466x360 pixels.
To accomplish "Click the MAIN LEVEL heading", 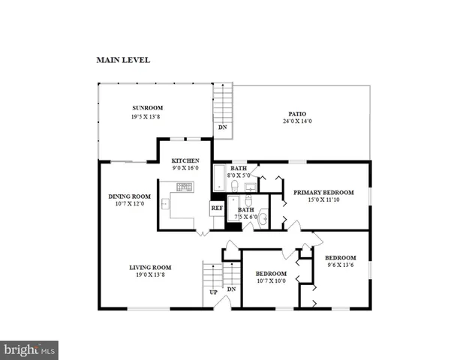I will (123, 59).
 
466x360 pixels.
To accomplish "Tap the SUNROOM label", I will (148, 108).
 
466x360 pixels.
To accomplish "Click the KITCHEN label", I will (185, 161).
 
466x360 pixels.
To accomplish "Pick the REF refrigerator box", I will (217, 208).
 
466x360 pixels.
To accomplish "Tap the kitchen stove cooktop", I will (185, 187).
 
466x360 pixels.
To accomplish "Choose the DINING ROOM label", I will (131, 197).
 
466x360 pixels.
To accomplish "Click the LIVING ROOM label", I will (150, 268).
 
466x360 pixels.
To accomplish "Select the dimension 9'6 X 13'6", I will (340, 265).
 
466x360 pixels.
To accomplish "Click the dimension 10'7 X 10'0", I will (270, 281).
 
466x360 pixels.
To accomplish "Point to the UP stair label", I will (214, 292).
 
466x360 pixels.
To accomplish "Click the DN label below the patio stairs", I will (222, 127).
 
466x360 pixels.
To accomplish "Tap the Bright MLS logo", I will (29, 349).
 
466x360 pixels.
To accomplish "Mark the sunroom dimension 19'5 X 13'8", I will (148, 117).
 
